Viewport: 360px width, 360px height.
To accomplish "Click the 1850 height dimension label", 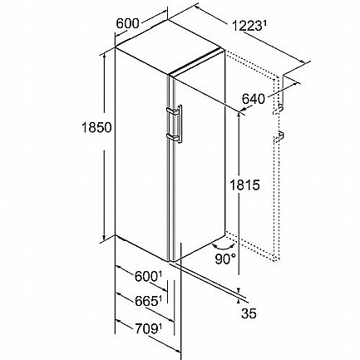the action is pos(96,127).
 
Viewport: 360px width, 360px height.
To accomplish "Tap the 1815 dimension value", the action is pos(245,185).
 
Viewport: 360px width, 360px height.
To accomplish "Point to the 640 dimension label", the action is pos(253,99).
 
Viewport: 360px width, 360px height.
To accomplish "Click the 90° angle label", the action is pos(225,259).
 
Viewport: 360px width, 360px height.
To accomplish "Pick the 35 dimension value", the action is pos(249,313).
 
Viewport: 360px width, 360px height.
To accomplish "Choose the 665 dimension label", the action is pos(148,302).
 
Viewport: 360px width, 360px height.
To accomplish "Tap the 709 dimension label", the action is pos(148,329).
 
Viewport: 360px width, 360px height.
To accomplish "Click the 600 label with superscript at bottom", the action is pos(148,276).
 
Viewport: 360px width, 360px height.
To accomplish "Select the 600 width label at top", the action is pos(127,23).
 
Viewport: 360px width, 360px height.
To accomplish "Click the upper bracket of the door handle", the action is pos(173,111).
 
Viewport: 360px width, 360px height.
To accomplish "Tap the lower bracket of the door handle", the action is pos(173,136).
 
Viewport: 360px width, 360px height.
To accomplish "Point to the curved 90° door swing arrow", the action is pos(224,247).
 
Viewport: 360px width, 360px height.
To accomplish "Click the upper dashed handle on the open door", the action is pos(279,108).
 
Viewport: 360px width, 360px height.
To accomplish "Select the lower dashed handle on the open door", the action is pos(279,136).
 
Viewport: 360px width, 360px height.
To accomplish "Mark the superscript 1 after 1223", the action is pos(264,24).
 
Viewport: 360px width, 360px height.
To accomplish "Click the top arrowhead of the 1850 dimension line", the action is pos(104,56).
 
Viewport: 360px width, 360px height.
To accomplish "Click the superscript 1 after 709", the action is pos(160,328).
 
